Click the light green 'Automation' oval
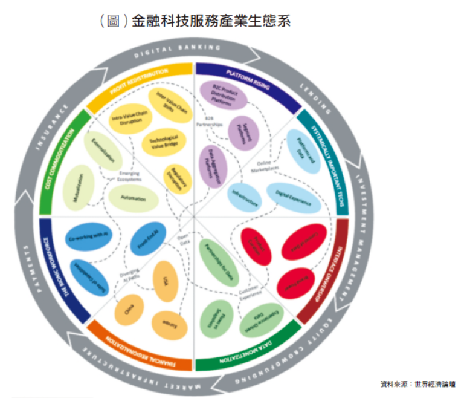[x=134, y=198]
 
